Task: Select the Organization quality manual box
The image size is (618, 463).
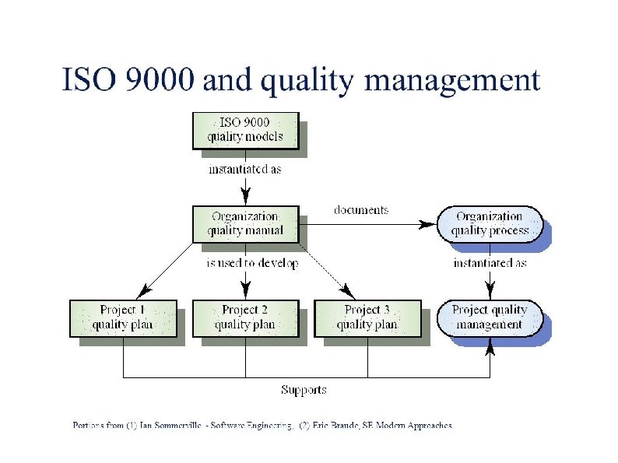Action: tap(245, 223)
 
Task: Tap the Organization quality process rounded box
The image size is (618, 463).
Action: tap(490, 223)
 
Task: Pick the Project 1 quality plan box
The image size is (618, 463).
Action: tap(123, 317)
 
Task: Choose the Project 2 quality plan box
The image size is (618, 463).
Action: tap(245, 317)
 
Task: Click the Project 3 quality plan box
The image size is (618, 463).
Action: tap(367, 317)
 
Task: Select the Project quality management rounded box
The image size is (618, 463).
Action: tap(490, 317)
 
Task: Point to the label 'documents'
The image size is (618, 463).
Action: tap(361, 210)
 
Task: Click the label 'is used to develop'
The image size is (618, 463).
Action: tap(252, 264)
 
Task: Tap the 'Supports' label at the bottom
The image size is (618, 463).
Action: tap(304, 389)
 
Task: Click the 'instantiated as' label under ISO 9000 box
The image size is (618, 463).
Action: tap(244, 169)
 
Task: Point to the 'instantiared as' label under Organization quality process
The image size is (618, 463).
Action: tap(490, 263)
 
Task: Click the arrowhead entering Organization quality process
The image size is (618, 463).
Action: tap(427, 224)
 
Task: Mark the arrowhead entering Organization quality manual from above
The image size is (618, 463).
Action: tap(245, 197)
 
